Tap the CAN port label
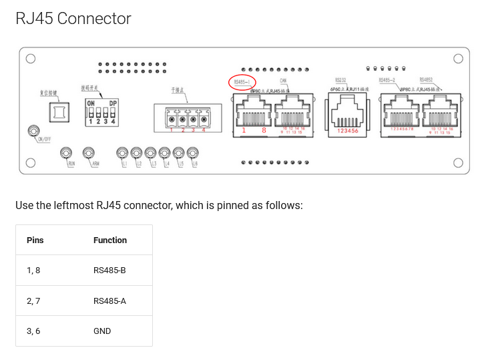[283, 81]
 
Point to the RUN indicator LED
[67, 154]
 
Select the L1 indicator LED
[122, 154]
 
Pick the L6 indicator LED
[193, 154]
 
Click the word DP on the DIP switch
[113, 103]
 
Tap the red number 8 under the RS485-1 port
[264, 131]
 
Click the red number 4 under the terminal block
[204, 130]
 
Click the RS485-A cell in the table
[109, 301]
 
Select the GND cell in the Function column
[102, 331]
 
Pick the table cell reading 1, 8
[33, 271]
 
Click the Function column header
[110, 240]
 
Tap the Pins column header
[35, 240]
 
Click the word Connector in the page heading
[94, 19]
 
